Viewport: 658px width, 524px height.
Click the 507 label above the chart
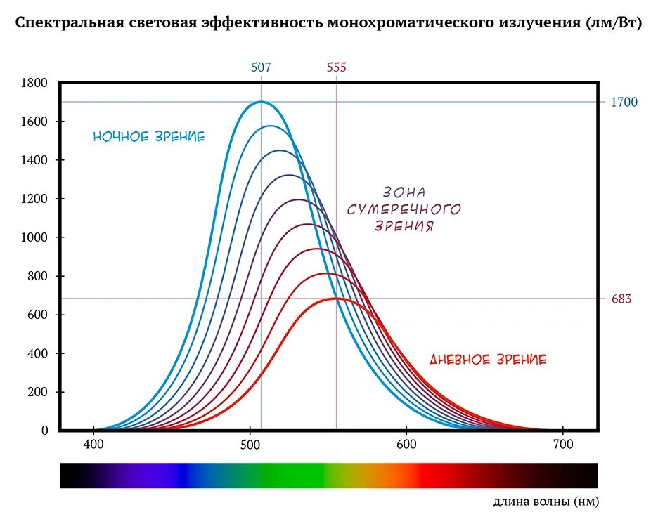pos(261,67)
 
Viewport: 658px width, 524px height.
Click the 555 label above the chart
pos(336,67)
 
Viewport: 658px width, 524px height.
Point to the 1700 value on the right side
pos(624,103)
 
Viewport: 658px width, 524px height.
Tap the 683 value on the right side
pos(621,299)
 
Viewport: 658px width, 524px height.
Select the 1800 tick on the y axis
pos(34,84)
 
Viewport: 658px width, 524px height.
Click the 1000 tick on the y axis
pos(34,238)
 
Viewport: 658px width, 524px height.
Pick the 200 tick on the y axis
pos(37,393)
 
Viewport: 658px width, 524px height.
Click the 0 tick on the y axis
pos(44,431)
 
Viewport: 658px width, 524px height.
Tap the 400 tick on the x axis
pos(93,445)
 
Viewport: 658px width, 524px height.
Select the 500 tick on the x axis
pos(250,445)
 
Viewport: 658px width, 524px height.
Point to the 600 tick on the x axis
pos(406,445)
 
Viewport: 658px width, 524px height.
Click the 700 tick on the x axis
pos(562,445)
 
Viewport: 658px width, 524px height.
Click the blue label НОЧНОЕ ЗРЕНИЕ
pos(149,137)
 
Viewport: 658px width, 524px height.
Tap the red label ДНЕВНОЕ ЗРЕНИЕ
pos(488,360)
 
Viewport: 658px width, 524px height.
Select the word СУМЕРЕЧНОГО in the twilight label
pos(404,209)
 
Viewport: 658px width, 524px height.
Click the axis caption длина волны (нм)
pos(546,502)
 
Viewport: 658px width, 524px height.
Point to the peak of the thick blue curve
pos(261,102)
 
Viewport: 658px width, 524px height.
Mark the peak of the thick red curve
pos(336,299)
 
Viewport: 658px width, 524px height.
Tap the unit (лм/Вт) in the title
pos(612,22)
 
